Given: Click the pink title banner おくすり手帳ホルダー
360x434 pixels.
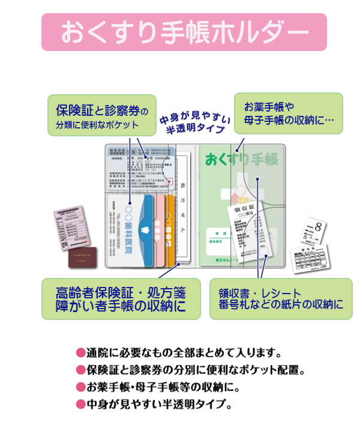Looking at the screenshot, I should [x=184, y=32].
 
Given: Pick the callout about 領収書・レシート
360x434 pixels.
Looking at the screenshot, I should [x=281, y=298].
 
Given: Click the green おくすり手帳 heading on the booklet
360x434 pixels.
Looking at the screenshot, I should [x=241, y=161].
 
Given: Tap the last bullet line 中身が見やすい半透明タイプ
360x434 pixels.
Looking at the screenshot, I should [x=158, y=403].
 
